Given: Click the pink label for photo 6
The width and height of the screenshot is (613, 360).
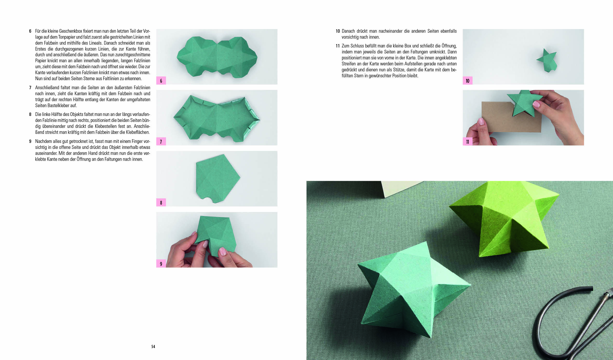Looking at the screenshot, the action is (x=161, y=80).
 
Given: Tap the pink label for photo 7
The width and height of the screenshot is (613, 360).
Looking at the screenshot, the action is (x=161, y=141).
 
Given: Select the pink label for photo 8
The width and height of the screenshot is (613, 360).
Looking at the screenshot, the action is (x=161, y=202).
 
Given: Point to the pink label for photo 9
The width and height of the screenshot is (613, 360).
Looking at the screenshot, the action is (x=161, y=264).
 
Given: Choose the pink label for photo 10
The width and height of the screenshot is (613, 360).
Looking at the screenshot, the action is (x=467, y=80).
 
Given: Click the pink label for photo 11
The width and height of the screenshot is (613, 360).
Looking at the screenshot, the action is (x=467, y=141).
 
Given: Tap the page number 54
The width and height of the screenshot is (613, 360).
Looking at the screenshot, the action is (x=153, y=347).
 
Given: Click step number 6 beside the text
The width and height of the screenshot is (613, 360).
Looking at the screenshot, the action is (x=30, y=31).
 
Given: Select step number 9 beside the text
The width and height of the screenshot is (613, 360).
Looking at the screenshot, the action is (x=30, y=141).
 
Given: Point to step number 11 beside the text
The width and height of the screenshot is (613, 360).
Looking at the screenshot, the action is (x=337, y=46).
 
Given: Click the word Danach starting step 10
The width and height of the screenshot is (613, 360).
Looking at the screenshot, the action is (x=348, y=31).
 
